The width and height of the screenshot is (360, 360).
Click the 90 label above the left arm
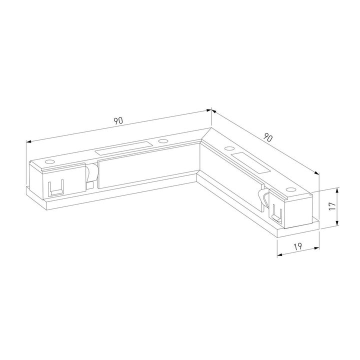point(118,120)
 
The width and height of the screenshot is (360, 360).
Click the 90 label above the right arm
point(268,137)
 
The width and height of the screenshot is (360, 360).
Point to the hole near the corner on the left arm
point(162,141)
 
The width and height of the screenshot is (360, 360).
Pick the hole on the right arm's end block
point(290,189)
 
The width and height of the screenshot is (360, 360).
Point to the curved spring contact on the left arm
point(91,173)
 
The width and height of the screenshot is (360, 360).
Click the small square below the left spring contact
point(89,186)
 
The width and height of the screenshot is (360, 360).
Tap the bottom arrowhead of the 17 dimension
point(338,224)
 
